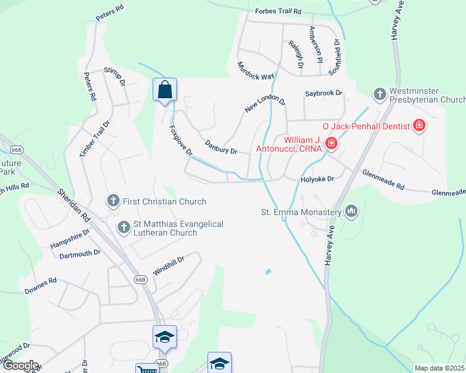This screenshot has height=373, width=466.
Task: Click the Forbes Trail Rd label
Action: [x=278, y=11]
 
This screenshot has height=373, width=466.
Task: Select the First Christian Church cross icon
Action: [x=113, y=201]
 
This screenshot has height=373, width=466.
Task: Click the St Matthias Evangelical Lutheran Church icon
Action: [x=123, y=228]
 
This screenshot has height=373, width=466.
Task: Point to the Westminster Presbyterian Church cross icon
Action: [x=379, y=94]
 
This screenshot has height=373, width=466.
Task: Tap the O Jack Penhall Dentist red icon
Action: [x=419, y=126]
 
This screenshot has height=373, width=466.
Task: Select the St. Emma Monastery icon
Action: [x=351, y=212]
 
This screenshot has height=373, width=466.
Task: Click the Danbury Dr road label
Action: [x=221, y=147]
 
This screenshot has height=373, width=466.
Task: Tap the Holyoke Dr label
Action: [x=318, y=178]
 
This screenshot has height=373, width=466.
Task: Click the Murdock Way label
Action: [x=255, y=70]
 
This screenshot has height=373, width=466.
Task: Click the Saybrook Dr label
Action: [x=324, y=93]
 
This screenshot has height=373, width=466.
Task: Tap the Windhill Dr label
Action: [x=169, y=265]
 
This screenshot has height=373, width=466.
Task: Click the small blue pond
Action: [x=268, y=272]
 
